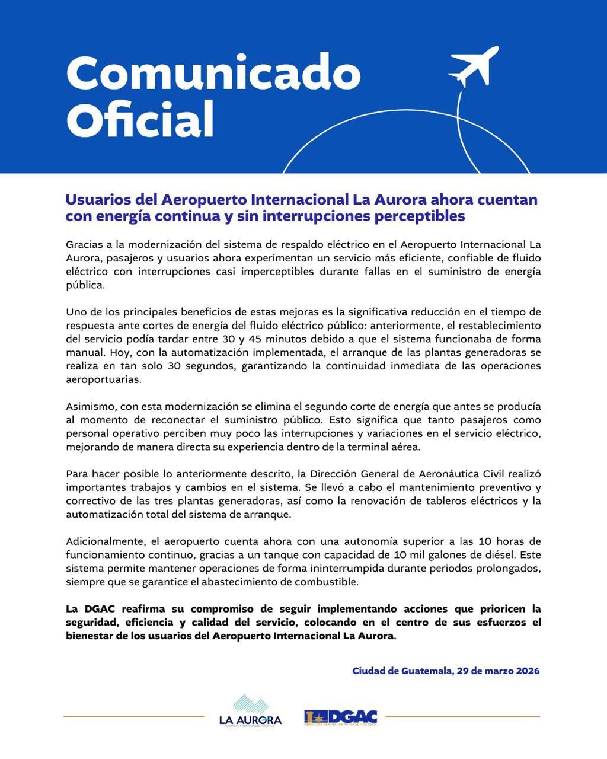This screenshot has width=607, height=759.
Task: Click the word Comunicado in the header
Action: point(213,74)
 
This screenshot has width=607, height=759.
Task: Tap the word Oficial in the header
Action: point(140,119)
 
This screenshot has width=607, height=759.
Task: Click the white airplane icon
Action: point(473,66)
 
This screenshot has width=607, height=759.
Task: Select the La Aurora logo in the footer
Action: point(250,710)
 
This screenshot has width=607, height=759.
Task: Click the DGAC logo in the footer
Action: point(341,717)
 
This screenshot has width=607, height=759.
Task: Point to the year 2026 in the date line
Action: point(528,671)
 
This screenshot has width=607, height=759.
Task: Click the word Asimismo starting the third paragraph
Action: point(91,407)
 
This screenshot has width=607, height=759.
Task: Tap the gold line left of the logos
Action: point(133,717)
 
